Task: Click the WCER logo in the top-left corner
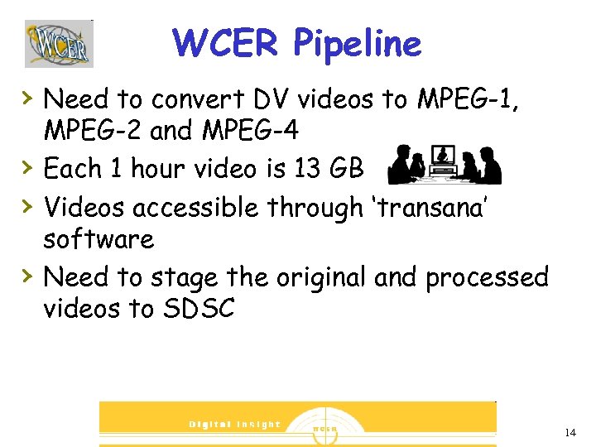pyautogui.click(x=59, y=43)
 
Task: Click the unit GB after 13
pyautogui.click(x=347, y=169)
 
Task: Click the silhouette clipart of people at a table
pyautogui.click(x=445, y=164)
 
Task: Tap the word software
pyautogui.click(x=99, y=239)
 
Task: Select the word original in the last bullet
pyautogui.click(x=315, y=277)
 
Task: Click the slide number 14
pyautogui.click(x=570, y=433)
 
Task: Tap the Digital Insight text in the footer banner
pyautogui.click(x=235, y=424)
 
